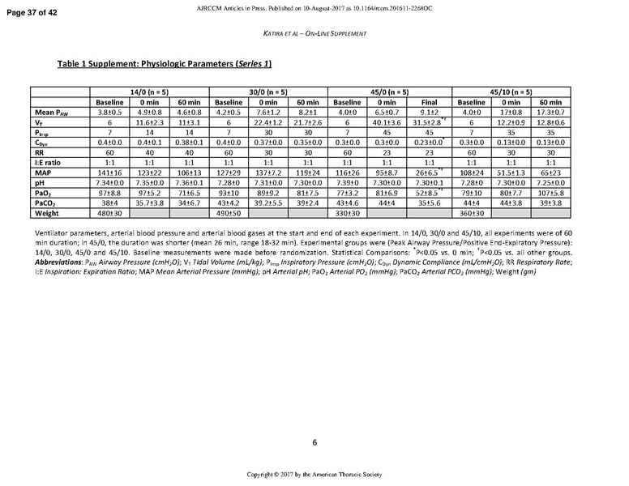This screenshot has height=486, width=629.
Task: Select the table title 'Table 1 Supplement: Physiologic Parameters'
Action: point(165,64)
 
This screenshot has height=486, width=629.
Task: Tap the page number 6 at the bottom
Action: point(314,442)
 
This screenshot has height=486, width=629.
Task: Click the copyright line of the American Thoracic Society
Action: point(314,473)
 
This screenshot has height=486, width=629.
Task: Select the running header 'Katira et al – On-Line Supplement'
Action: point(314,33)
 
